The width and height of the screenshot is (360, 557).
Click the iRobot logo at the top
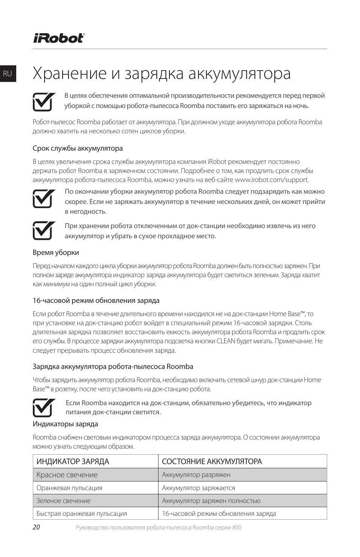tap(58, 38)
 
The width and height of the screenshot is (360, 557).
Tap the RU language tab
tap(8, 74)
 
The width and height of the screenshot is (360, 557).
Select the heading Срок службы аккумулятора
tap(78, 148)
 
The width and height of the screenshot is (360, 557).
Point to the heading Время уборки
tap(56, 253)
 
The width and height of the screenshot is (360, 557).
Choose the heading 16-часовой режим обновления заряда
tap(96, 301)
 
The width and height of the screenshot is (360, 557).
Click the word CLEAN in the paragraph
tap(226, 341)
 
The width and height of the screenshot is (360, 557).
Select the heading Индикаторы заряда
tap(65, 424)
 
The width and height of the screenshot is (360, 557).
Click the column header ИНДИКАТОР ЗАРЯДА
tap(73, 461)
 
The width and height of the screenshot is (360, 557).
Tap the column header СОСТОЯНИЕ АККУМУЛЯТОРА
tap(212, 461)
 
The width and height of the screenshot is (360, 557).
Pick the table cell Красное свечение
tap(67, 475)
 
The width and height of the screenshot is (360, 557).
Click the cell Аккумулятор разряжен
tap(196, 475)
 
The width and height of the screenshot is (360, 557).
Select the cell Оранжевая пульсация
tap(69, 488)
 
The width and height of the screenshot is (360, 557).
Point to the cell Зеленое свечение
tap(63, 501)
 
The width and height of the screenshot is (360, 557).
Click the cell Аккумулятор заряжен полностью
tap(211, 501)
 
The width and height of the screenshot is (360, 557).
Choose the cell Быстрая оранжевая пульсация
tap(82, 514)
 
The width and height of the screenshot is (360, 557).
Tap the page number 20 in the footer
tap(36, 528)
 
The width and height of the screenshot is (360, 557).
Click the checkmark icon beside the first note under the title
tap(42, 101)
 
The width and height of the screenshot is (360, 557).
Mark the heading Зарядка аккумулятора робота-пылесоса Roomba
tap(113, 367)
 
